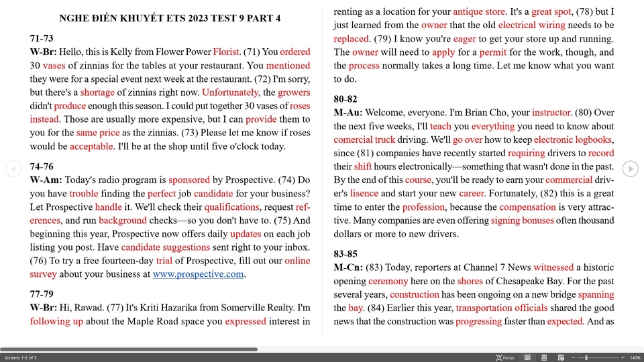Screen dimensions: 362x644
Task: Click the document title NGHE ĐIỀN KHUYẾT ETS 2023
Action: tap(170, 18)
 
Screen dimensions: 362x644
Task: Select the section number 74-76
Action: tap(42, 166)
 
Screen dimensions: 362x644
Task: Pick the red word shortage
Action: tap(97, 93)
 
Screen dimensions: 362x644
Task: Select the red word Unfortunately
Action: tap(229, 93)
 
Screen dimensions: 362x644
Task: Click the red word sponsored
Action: tap(189, 180)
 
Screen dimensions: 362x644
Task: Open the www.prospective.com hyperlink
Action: tap(198, 274)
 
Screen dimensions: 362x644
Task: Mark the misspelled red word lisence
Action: tap(364, 193)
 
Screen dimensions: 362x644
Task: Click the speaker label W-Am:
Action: tap(46, 180)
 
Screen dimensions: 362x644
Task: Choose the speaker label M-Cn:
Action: tap(348, 267)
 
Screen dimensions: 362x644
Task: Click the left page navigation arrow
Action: tap(13, 170)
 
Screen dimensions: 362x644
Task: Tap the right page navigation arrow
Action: tap(630, 170)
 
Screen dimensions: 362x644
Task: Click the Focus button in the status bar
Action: tap(505, 358)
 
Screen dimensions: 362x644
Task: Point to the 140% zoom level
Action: tap(635, 358)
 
